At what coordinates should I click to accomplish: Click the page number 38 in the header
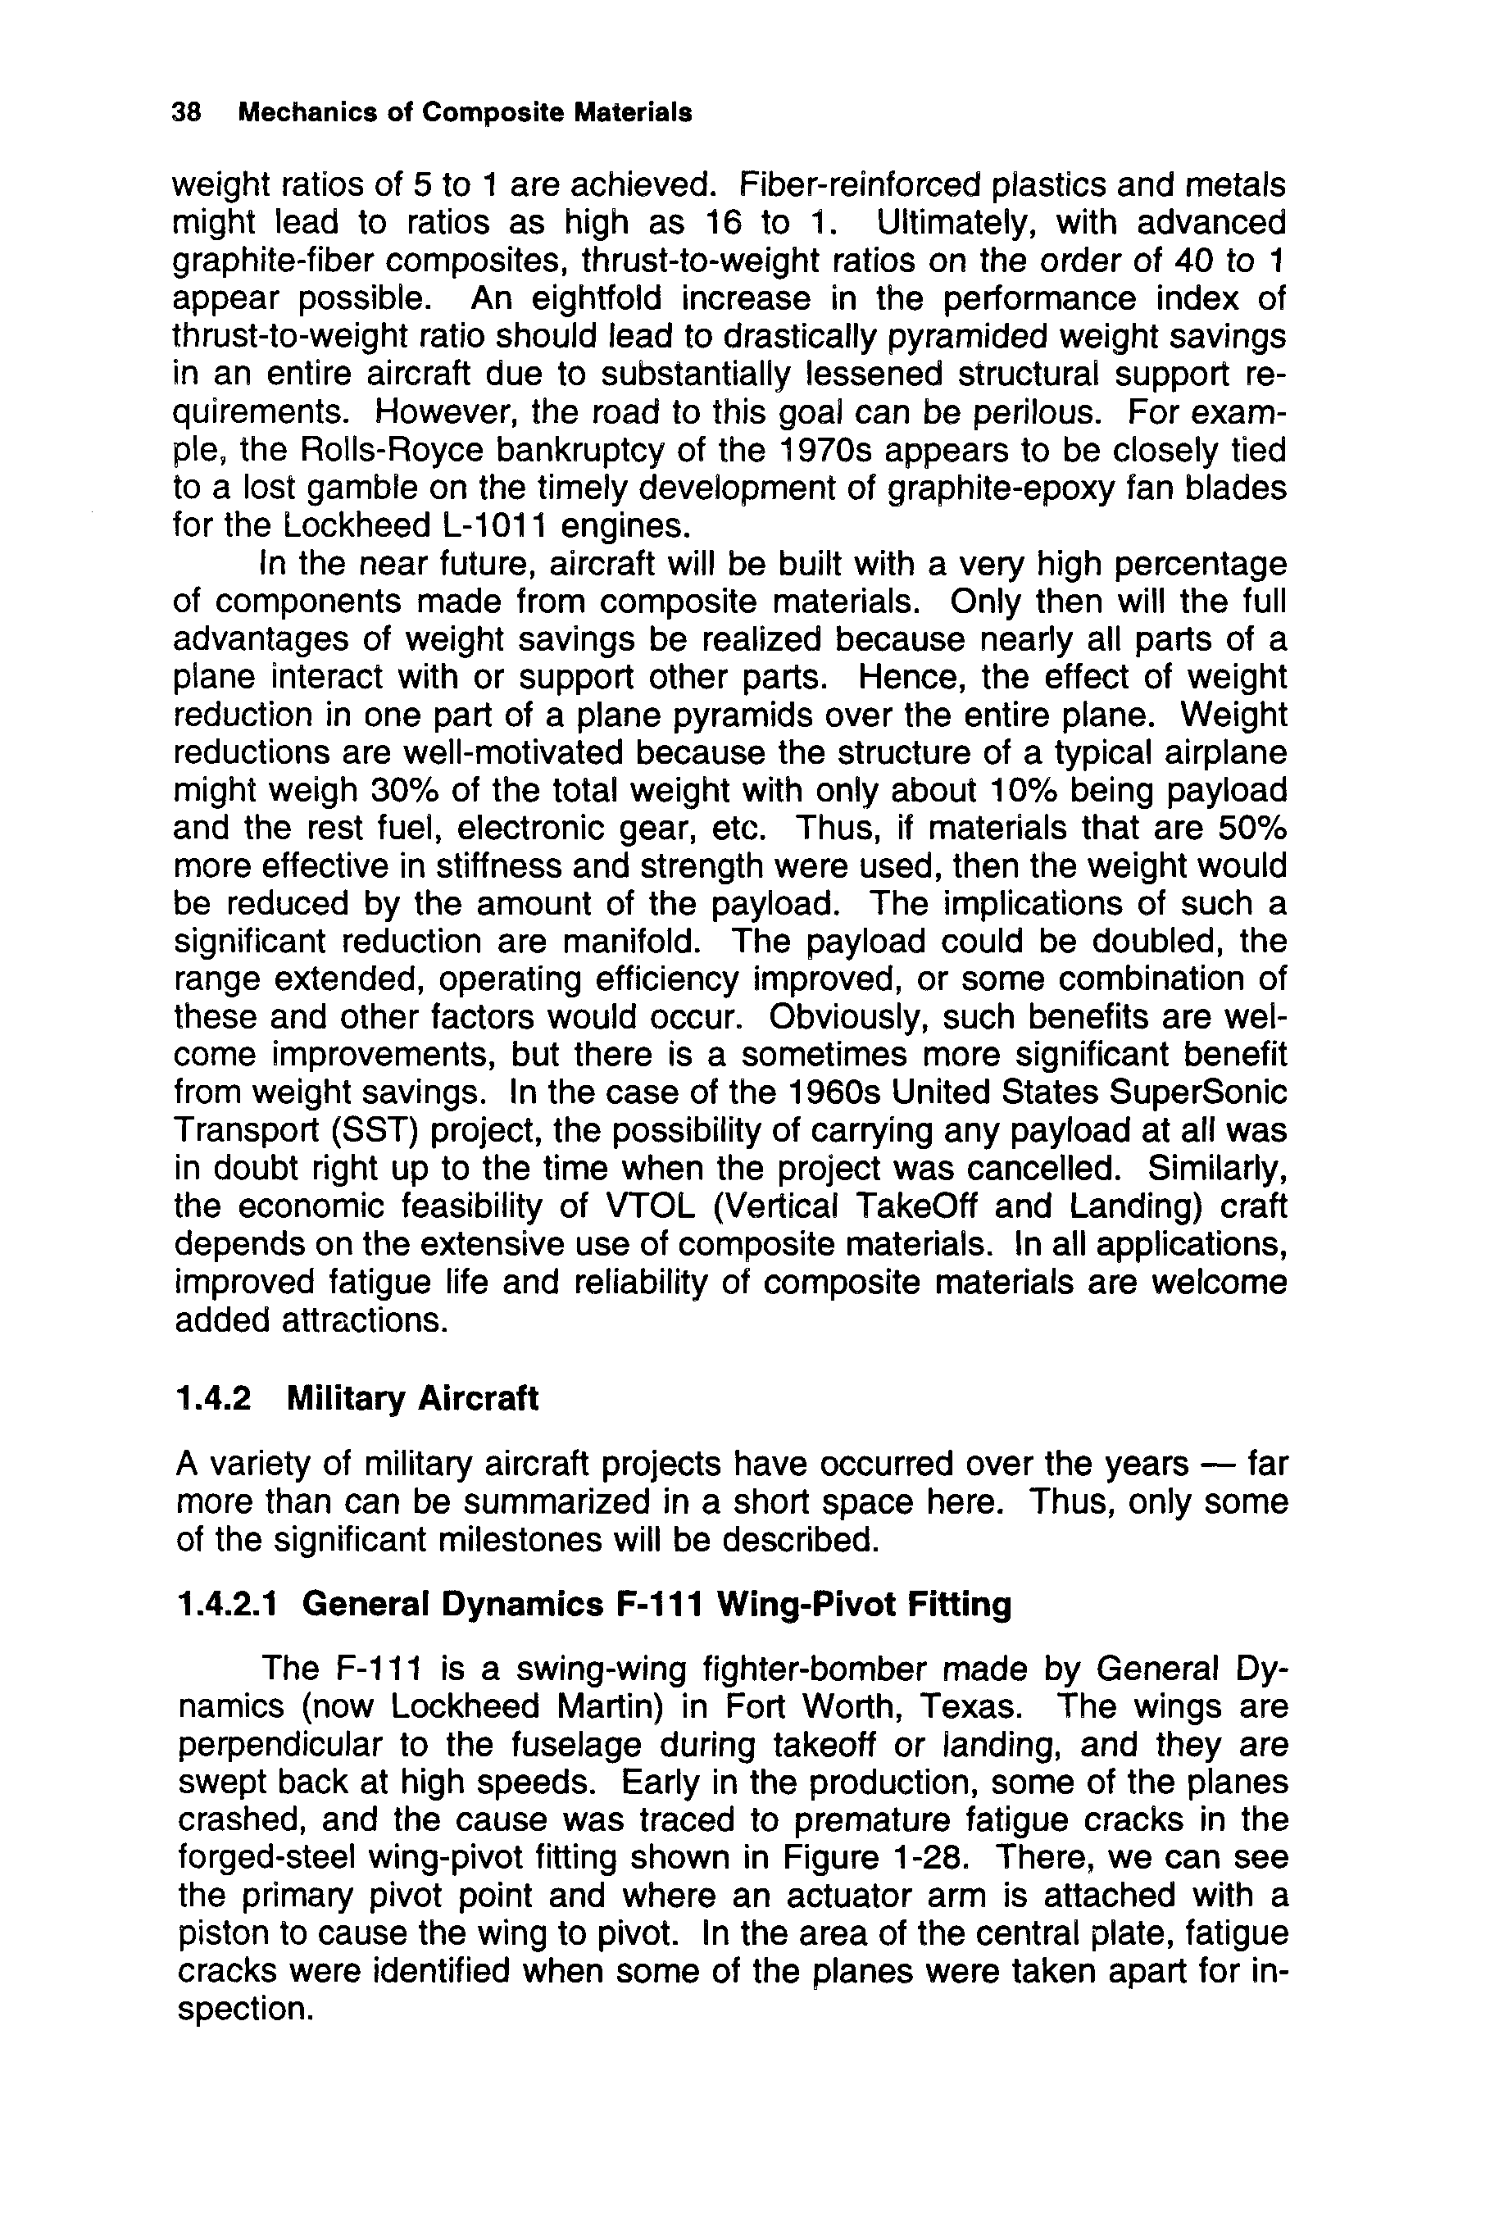coord(185,113)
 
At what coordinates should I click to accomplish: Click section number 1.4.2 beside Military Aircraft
coord(214,1398)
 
